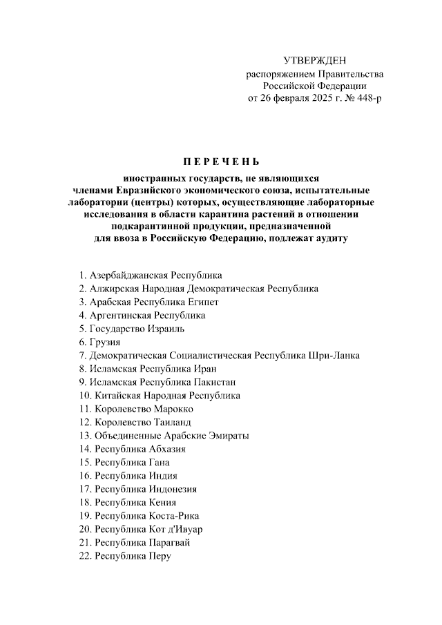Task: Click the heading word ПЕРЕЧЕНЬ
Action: coord(221,162)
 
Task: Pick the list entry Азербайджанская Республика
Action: coord(155,276)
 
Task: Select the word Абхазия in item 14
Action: coord(166,449)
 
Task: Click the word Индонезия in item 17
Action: coord(172,489)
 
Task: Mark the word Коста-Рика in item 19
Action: coord(173,515)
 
